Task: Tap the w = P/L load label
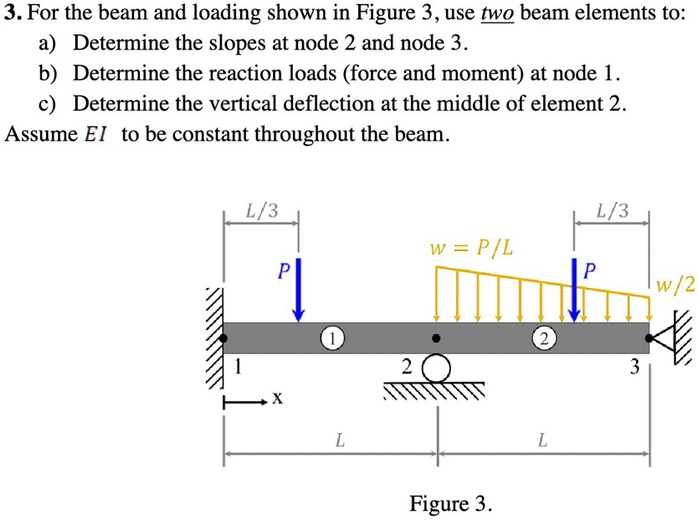(471, 248)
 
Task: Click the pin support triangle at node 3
(664, 338)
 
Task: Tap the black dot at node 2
(436, 339)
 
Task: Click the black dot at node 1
(224, 339)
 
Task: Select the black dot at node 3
(649, 339)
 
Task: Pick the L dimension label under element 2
(542, 438)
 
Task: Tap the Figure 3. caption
(450, 503)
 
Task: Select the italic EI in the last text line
(97, 134)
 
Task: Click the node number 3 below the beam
(634, 366)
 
